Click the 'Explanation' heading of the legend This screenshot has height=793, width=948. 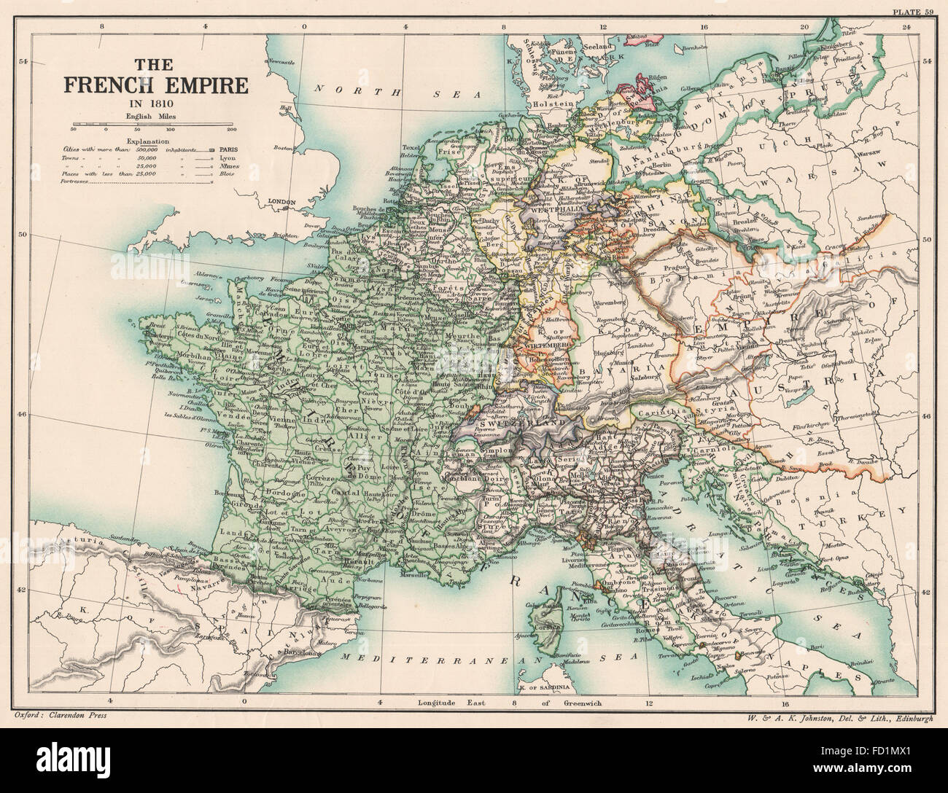tap(147, 141)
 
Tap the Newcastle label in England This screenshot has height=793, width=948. tap(287, 61)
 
